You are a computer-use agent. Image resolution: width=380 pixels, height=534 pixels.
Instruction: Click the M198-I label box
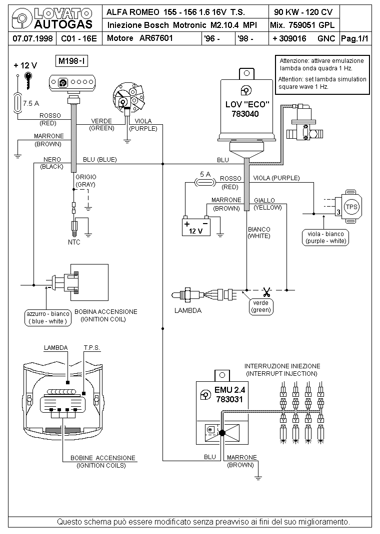pyautogui.click(x=71, y=61)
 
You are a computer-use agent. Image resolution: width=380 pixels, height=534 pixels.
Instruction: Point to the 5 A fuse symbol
pyautogui.click(x=205, y=183)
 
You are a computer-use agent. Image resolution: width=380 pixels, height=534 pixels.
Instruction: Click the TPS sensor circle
pyautogui.click(x=351, y=207)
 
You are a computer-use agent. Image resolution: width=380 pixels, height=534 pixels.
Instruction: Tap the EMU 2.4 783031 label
pyautogui.click(x=229, y=394)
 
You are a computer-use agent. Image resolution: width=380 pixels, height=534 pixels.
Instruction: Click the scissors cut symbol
pyautogui.click(x=266, y=292)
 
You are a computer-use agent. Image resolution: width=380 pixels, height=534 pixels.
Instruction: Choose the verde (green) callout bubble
pyautogui.click(x=261, y=306)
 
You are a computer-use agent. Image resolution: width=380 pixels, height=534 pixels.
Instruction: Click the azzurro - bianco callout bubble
pyautogui.click(x=48, y=317)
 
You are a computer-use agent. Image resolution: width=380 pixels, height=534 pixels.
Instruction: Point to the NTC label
pyautogui.click(x=74, y=242)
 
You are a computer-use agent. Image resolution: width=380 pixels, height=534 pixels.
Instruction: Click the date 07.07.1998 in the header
pyautogui.click(x=32, y=38)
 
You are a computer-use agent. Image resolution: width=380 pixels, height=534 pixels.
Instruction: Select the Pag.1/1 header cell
pyautogui.click(x=355, y=38)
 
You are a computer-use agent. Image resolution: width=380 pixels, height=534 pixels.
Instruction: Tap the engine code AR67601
pyautogui.click(x=156, y=38)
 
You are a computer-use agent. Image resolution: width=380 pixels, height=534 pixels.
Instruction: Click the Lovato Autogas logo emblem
pyautogui.click(x=21, y=19)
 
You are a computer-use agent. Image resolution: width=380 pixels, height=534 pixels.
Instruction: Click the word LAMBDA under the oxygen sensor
pyautogui.click(x=187, y=310)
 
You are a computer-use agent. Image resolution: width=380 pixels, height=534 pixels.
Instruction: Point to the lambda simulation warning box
pyautogui.click(x=322, y=74)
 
